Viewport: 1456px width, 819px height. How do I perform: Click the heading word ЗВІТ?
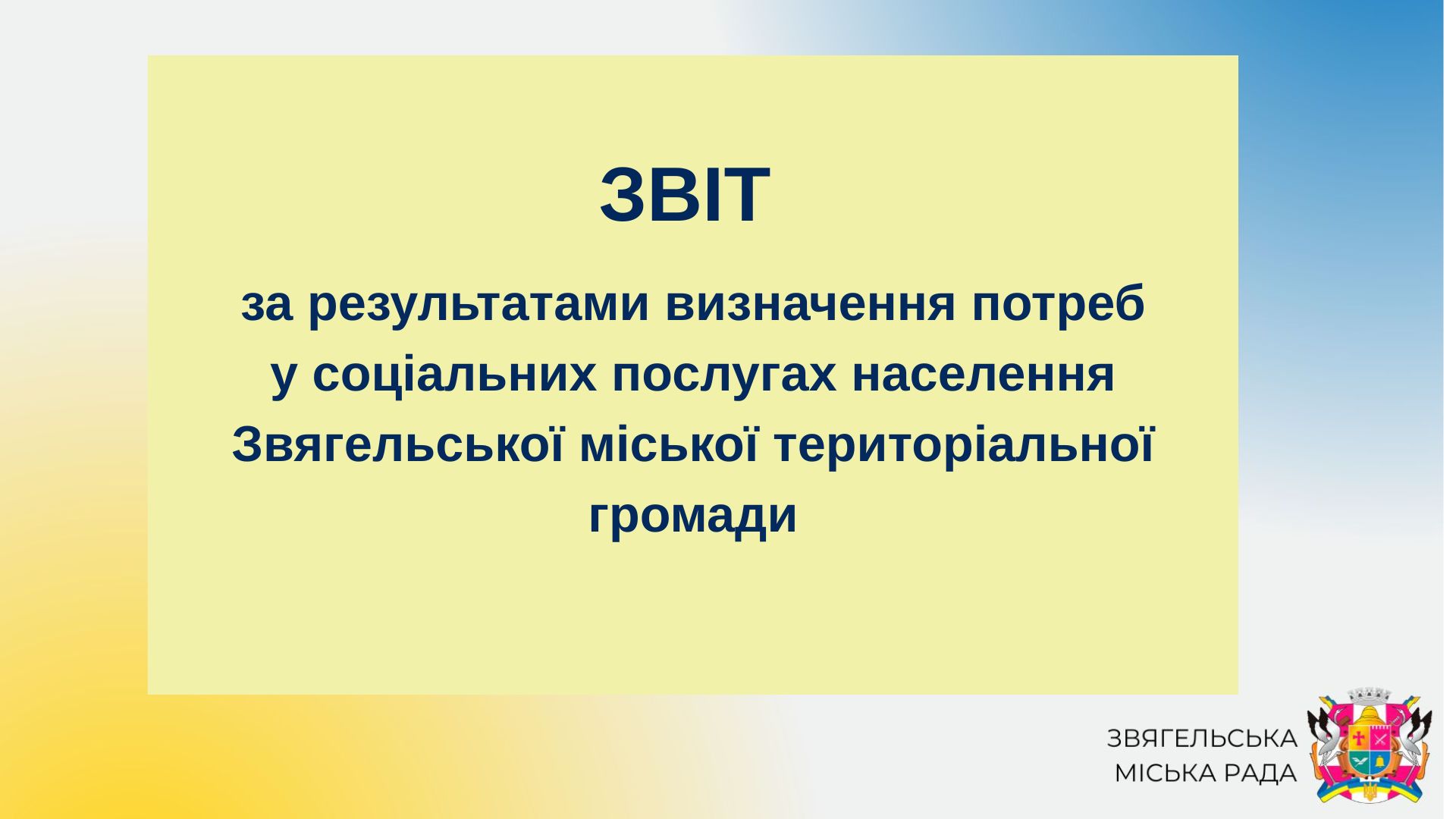[685, 196]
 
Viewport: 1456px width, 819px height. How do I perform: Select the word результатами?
[479, 305]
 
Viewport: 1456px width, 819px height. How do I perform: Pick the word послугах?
[724, 375]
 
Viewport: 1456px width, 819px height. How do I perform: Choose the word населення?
[983, 375]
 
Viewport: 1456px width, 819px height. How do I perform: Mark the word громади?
[692, 516]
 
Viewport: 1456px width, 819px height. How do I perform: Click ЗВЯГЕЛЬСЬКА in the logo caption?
[1202, 738]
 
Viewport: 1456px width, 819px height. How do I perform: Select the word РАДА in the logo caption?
[1257, 773]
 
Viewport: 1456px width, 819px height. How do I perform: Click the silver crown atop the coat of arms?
[1370, 696]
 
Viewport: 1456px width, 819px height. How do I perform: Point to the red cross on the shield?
[1358, 736]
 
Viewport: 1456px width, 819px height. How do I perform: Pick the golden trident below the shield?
[1370, 792]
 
